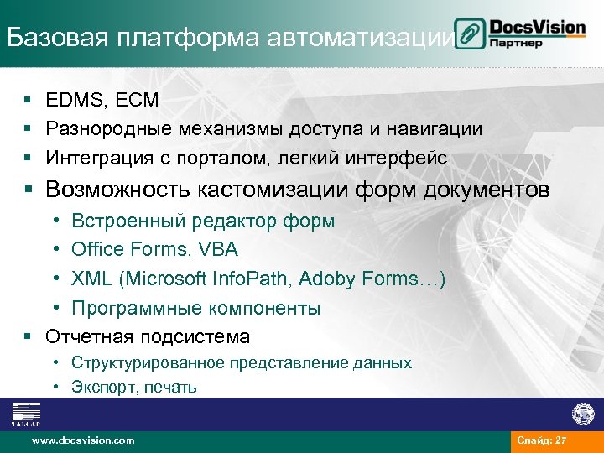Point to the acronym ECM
pos(136,100)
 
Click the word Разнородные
pos(104,128)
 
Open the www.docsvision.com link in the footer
pos(82,440)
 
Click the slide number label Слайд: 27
pos(542,440)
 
